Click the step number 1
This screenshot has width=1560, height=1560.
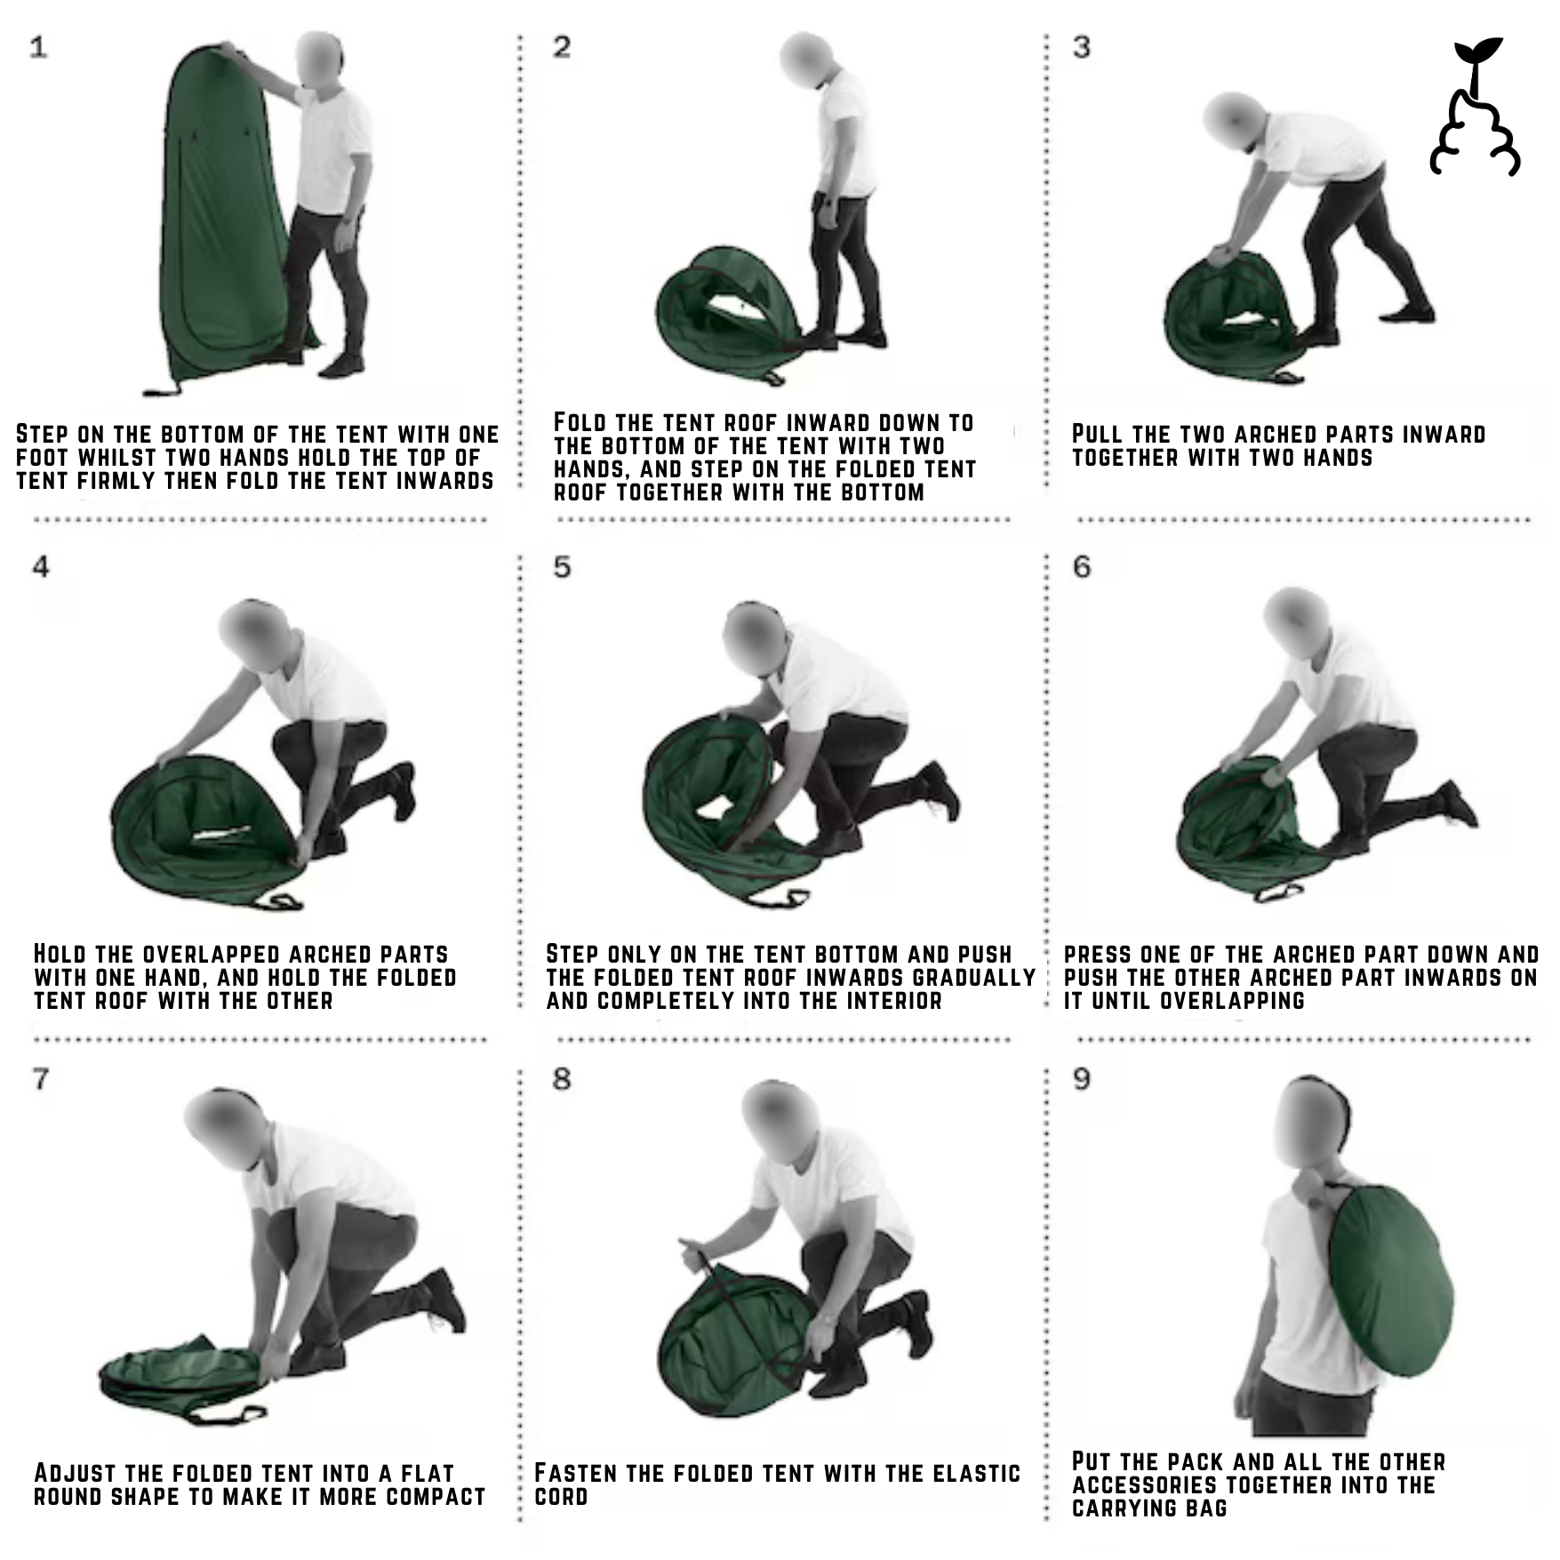pos(38,46)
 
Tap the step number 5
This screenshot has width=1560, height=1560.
pos(561,566)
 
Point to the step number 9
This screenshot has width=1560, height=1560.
pos(1082,1078)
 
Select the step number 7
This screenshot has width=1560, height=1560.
pos(41,1078)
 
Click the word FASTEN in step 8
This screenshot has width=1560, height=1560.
pos(575,1474)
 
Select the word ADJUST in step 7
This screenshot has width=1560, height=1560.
pos(75,1474)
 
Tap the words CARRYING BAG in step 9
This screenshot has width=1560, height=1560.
pos(1149,1508)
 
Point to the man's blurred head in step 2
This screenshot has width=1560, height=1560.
pos(806,60)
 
